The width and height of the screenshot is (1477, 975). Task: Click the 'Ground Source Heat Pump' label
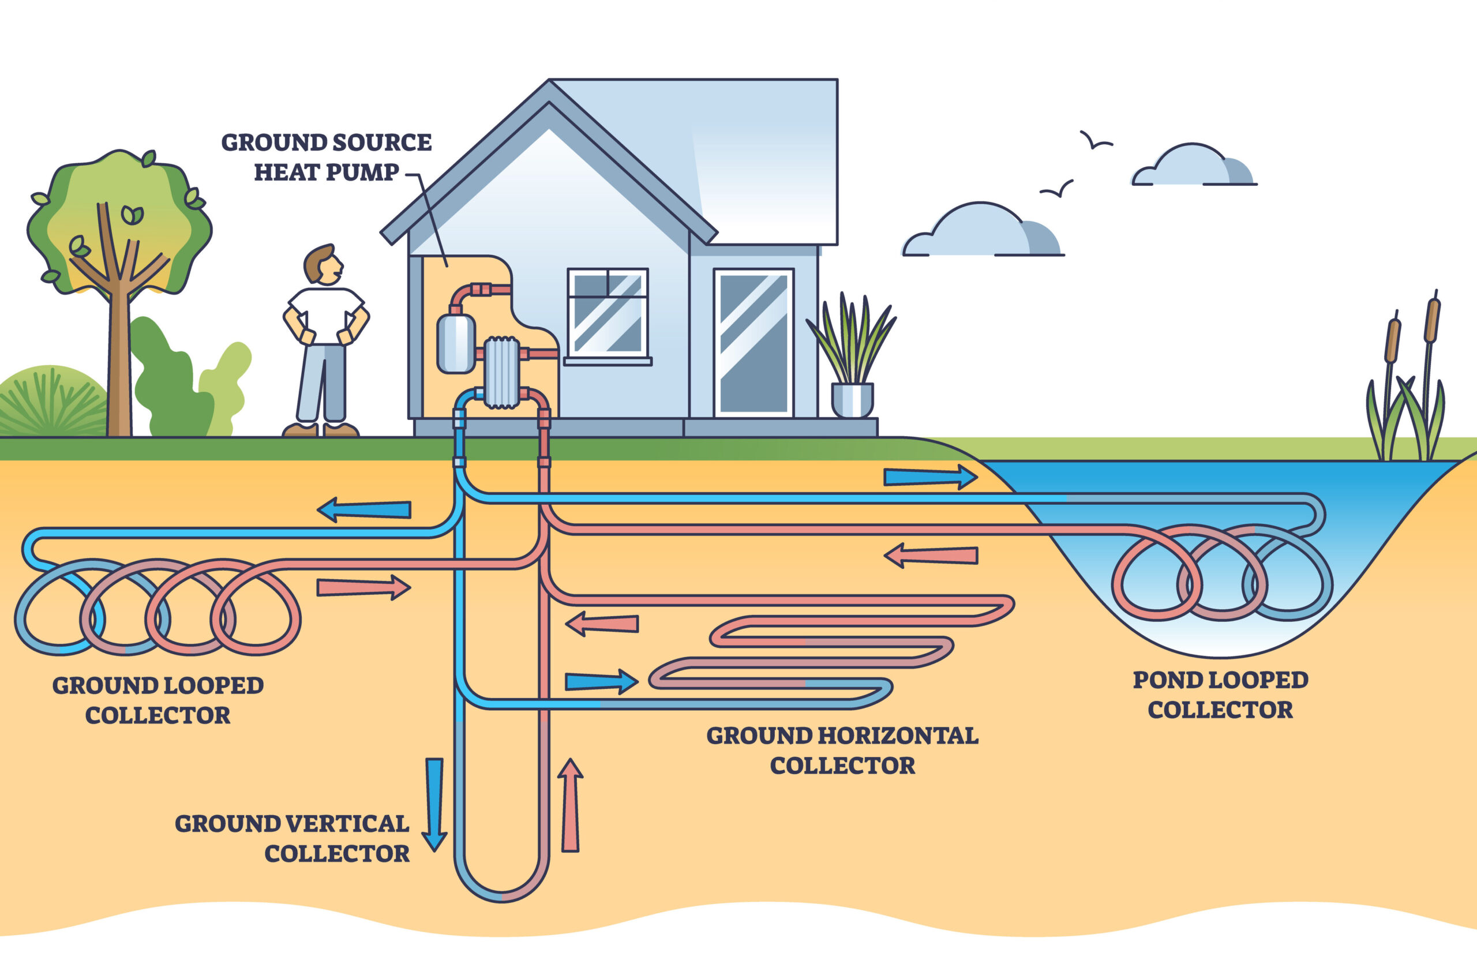click(x=326, y=157)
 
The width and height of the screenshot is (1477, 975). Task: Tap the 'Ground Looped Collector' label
click(x=158, y=700)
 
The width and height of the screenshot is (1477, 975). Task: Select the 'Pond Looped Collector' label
click(x=1220, y=695)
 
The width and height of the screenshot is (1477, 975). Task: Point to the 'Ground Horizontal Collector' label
click(x=842, y=750)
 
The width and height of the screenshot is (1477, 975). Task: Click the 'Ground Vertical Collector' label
click(x=293, y=838)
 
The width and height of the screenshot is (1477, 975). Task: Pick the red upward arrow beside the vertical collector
click(x=570, y=805)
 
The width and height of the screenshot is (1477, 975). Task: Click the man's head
click(x=322, y=264)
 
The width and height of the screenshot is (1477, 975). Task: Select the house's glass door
click(x=753, y=343)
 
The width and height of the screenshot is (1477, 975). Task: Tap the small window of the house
click(x=608, y=313)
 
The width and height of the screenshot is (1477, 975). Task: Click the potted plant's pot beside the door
click(x=852, y=399)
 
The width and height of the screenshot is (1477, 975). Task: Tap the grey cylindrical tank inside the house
click(x=456, y=343)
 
